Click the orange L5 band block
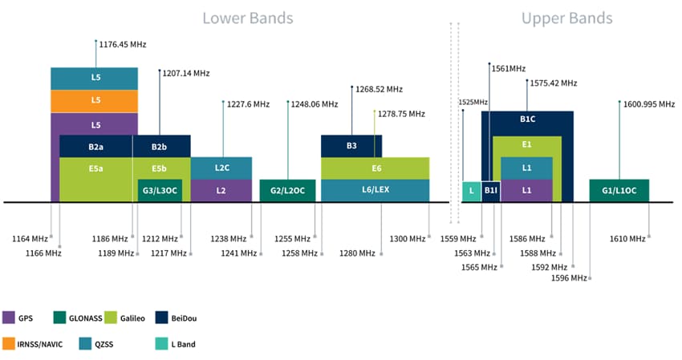coord(95,100)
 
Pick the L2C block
coord(221,168)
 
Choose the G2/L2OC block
coord(287,190)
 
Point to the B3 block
coord(351,146)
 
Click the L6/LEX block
coord(375,190)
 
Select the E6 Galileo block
coord(375,168)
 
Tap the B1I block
coord(490,190)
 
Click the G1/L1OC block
coord(619,190)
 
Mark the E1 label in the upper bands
coord(526,144)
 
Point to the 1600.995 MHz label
coord(647,103)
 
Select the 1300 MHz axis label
coord(408,239)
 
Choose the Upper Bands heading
coord(566,18)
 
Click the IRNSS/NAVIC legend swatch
coord(10,345)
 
